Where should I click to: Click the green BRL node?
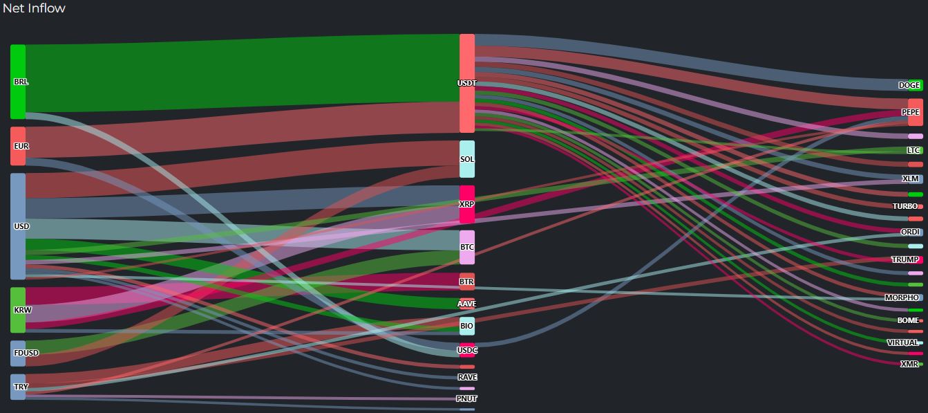coord(18,82)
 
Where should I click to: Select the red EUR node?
coord(18,146)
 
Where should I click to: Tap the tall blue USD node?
coord(18,226)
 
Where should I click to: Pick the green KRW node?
coord(18,310)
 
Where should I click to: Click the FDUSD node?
coord(18,353)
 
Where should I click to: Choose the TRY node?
coord(18,387)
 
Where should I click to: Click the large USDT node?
coord(467,83)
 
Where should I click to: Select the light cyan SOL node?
coord(467,159)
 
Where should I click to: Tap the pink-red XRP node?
coord(467,204)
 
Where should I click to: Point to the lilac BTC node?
coord(467,247)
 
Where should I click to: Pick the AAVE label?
coord(467,304)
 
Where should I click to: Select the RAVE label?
coord(467,377)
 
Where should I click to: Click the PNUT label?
coord(467,398)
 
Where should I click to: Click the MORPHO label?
coord(902,297)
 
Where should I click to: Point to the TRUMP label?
coord(905,259)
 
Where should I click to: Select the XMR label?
coord(909,364)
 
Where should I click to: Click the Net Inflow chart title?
coord(34,8)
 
